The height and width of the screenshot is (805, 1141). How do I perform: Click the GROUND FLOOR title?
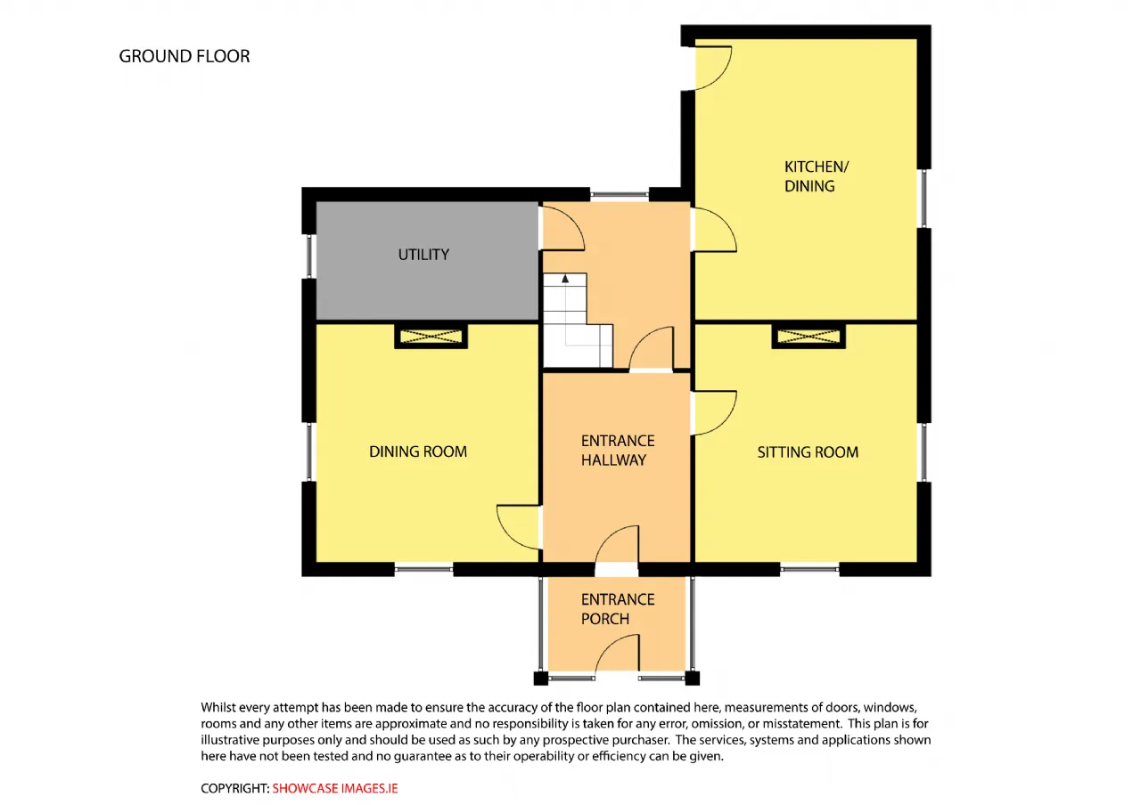(185, 56)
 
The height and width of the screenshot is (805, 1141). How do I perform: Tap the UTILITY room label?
(423, 255)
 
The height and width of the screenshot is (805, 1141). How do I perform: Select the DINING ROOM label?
(418, 451)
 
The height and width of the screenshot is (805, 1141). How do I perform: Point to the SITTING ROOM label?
(808, 451)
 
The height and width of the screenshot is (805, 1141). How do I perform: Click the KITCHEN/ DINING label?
(816, 176)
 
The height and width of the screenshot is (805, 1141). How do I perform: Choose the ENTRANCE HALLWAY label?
(618, 451)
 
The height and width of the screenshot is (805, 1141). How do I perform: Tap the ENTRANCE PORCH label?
(618, 609)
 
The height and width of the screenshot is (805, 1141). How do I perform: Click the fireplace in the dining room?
(431, 337)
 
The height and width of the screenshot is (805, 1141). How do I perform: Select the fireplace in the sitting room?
(809, 337)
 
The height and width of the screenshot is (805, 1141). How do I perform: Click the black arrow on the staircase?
(565, 279)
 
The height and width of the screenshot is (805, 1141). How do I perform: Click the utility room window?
(309, 256)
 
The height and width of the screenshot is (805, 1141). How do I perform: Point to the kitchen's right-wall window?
(923, 199)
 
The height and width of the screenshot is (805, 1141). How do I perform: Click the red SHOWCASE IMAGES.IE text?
(334, 788)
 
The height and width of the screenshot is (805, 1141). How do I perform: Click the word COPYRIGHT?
(234, 788)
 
